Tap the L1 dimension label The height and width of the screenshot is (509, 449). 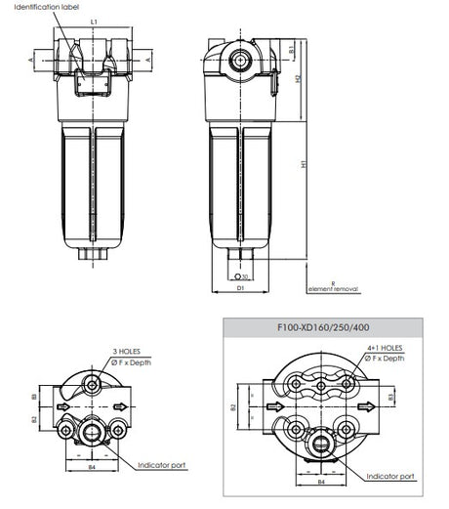[93, 21]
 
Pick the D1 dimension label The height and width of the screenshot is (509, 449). [240, 289]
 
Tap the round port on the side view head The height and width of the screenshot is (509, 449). [239, 62]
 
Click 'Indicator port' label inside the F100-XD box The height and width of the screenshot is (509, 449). [390, 476]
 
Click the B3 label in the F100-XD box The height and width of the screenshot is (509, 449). [390, 396]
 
